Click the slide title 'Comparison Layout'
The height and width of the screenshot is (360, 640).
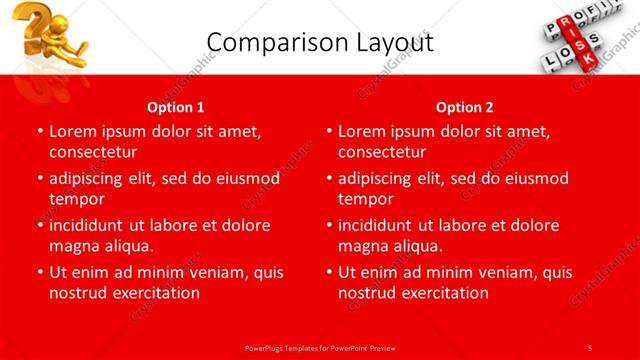pos(319,43)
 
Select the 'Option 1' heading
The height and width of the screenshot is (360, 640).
pos(176,107)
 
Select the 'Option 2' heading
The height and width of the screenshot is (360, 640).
pos(465,107)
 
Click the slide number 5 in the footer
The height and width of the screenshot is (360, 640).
pos(590,348)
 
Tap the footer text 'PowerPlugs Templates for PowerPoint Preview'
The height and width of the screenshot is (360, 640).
pos(320,348)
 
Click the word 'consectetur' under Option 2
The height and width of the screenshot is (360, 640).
pos(382,152)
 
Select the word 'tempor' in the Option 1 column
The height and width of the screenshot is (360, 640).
pos(76,199)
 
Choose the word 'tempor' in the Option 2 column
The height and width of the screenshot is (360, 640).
pos(365,199)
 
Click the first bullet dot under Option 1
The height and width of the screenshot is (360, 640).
pos(39,131)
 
